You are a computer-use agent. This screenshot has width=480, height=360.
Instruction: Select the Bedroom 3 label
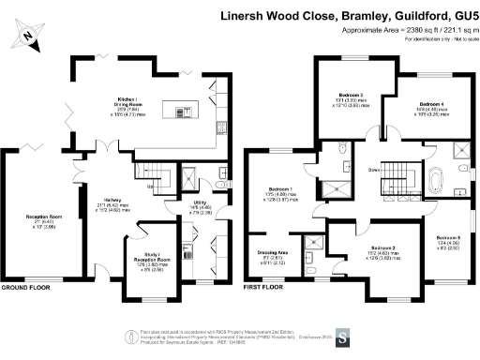tap(351, 95)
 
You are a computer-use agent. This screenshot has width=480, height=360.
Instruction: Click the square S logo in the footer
tap(343, 336)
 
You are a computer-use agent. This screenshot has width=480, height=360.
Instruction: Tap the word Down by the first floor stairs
tap(373, 170)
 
